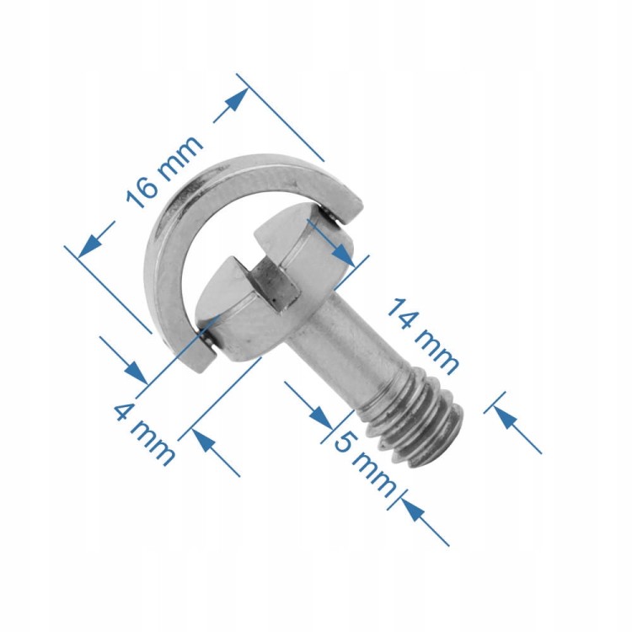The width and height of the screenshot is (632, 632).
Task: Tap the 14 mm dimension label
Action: [422, 337]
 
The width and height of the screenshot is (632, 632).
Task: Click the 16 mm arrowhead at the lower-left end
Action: [88, 246]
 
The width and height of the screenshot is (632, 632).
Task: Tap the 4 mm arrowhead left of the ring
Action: [134, 370]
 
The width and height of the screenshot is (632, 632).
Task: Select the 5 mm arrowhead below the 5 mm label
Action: [412, 509]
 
